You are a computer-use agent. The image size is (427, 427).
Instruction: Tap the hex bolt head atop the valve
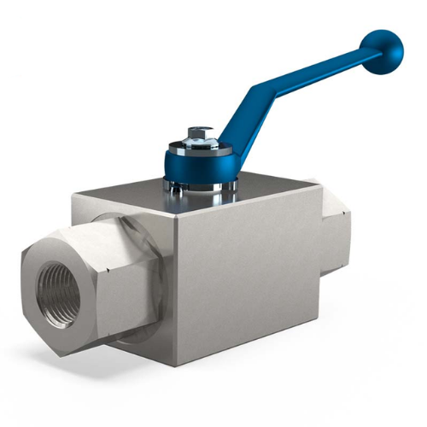(198, 133)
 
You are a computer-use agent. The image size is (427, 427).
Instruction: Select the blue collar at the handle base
(199, 162)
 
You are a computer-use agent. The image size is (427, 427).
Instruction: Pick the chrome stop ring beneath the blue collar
(197, 184)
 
